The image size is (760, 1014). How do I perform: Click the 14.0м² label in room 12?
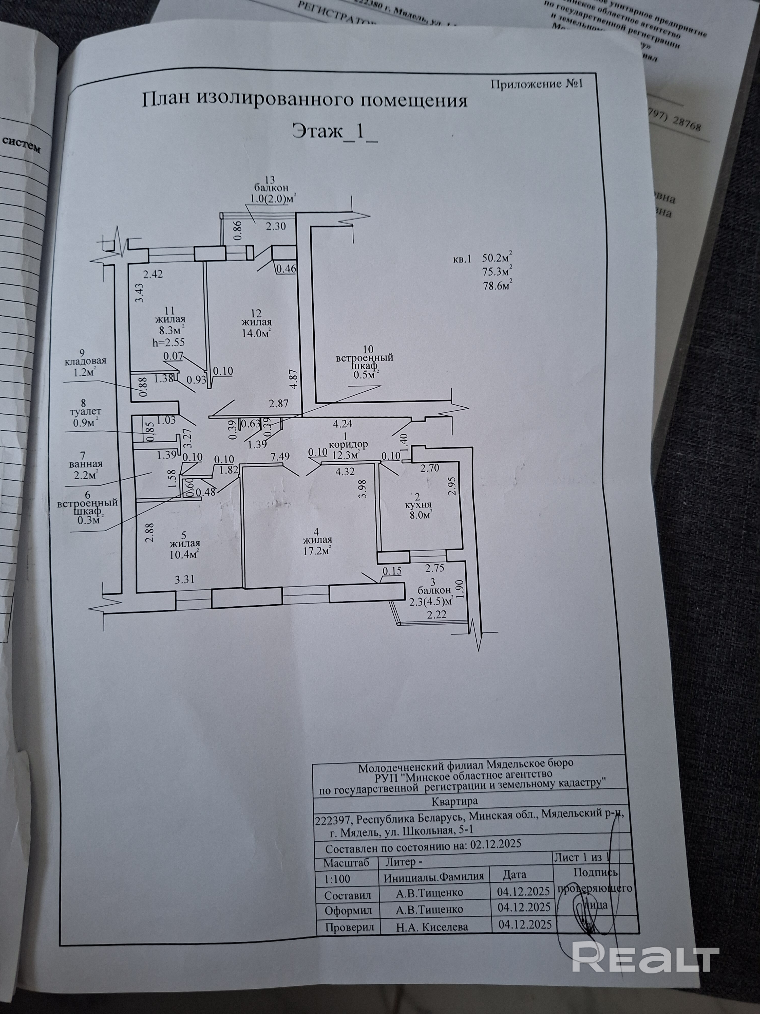click(256, 333)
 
